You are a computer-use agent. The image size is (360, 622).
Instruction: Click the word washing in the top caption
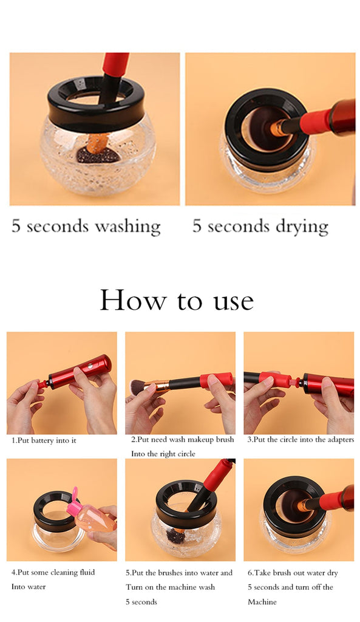tap(127, 227)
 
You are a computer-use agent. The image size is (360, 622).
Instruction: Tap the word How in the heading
tap(133, 300)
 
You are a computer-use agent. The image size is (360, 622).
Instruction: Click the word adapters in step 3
tap(341, 440)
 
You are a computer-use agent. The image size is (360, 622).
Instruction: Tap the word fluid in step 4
tap(86, 572)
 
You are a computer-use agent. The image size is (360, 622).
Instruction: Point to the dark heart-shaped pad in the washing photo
tap(98, 155)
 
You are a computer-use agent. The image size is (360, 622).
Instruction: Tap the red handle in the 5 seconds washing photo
tap(115, 64)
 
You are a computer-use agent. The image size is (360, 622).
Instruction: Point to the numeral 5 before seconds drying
tap(197, 225)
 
